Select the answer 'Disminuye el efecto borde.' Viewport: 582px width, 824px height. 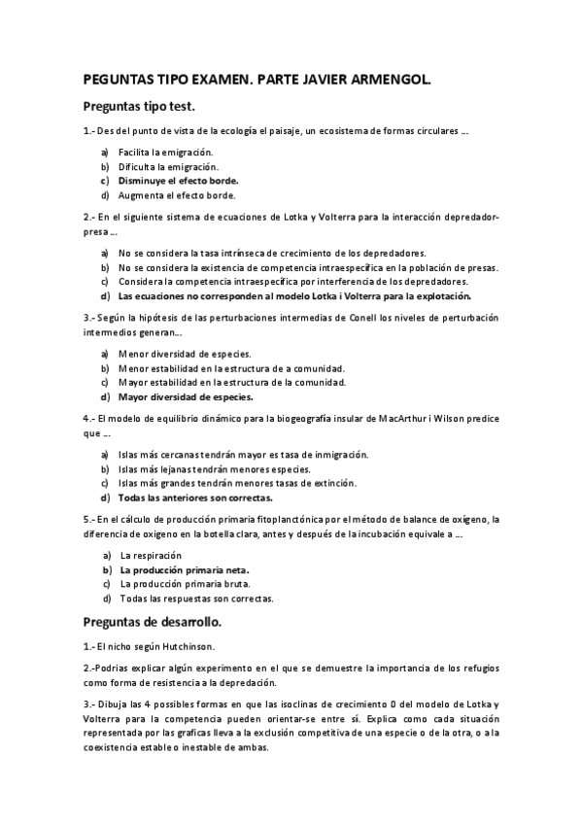[178, 181]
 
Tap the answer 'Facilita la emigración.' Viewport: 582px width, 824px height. [165, 153]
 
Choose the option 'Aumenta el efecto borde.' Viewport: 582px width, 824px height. [177, 194]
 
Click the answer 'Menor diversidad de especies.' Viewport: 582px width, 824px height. [184, 354]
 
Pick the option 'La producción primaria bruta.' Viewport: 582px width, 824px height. [185, 584]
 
